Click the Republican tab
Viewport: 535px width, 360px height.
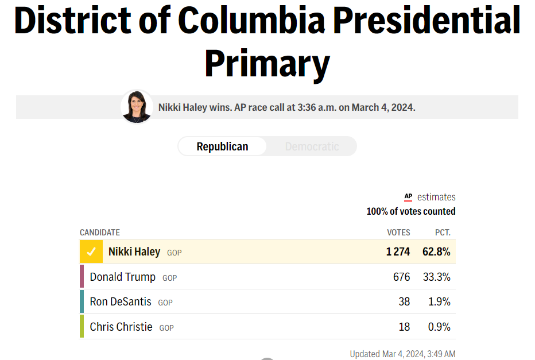pyautogui.click(x=222, y=146)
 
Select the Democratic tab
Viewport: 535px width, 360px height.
pyautogui.click(x=312, y=146)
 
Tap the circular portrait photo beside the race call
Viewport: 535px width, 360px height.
pyautogui.click(x=137, y=107)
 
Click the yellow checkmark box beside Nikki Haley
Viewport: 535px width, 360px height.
pyautogui.click(x=91, y=252)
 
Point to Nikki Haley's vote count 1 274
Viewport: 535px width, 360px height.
pyautogui.click(x=398, y=252)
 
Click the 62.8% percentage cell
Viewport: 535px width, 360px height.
pyautogui.click(x=436, y=252)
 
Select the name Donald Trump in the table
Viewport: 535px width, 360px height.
pyautogui.click(x=122, y=277)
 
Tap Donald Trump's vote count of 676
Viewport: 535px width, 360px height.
pyautogui.click(x=401, y=277)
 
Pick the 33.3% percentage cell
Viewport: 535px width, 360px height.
pyautogui.click(x=436, y=277)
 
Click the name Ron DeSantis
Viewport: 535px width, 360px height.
pyautogui.click(x=121, y=302)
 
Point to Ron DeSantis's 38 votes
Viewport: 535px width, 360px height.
pyautogui.click(x=404, y=302)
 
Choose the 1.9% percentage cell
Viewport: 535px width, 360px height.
pyautogui.click(x=439, y=302)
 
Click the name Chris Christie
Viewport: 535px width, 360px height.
pyautogui.click(x=121, y=327)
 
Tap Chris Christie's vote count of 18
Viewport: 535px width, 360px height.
pyautogui.click(x=404, y=327)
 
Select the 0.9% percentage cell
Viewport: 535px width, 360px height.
pyautogui.click(x=439, y=327)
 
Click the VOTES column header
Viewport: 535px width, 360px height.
pyautogui.click(x=398, y=233)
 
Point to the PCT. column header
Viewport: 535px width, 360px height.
pyautogui.click(x=443, y=233)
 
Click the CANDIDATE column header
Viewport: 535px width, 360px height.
pyautogui.click(x=100, y=233)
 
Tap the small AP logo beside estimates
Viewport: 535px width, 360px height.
pyautogui.click(x=408, y=197)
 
